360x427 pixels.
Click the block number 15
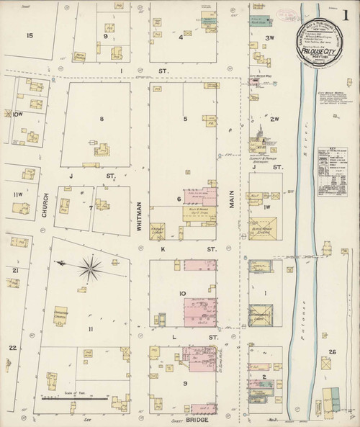10,35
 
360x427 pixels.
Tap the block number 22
12,349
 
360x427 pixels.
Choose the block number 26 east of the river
332,351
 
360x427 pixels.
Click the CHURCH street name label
44,200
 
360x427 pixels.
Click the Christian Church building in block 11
60,316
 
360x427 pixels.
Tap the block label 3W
271,37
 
